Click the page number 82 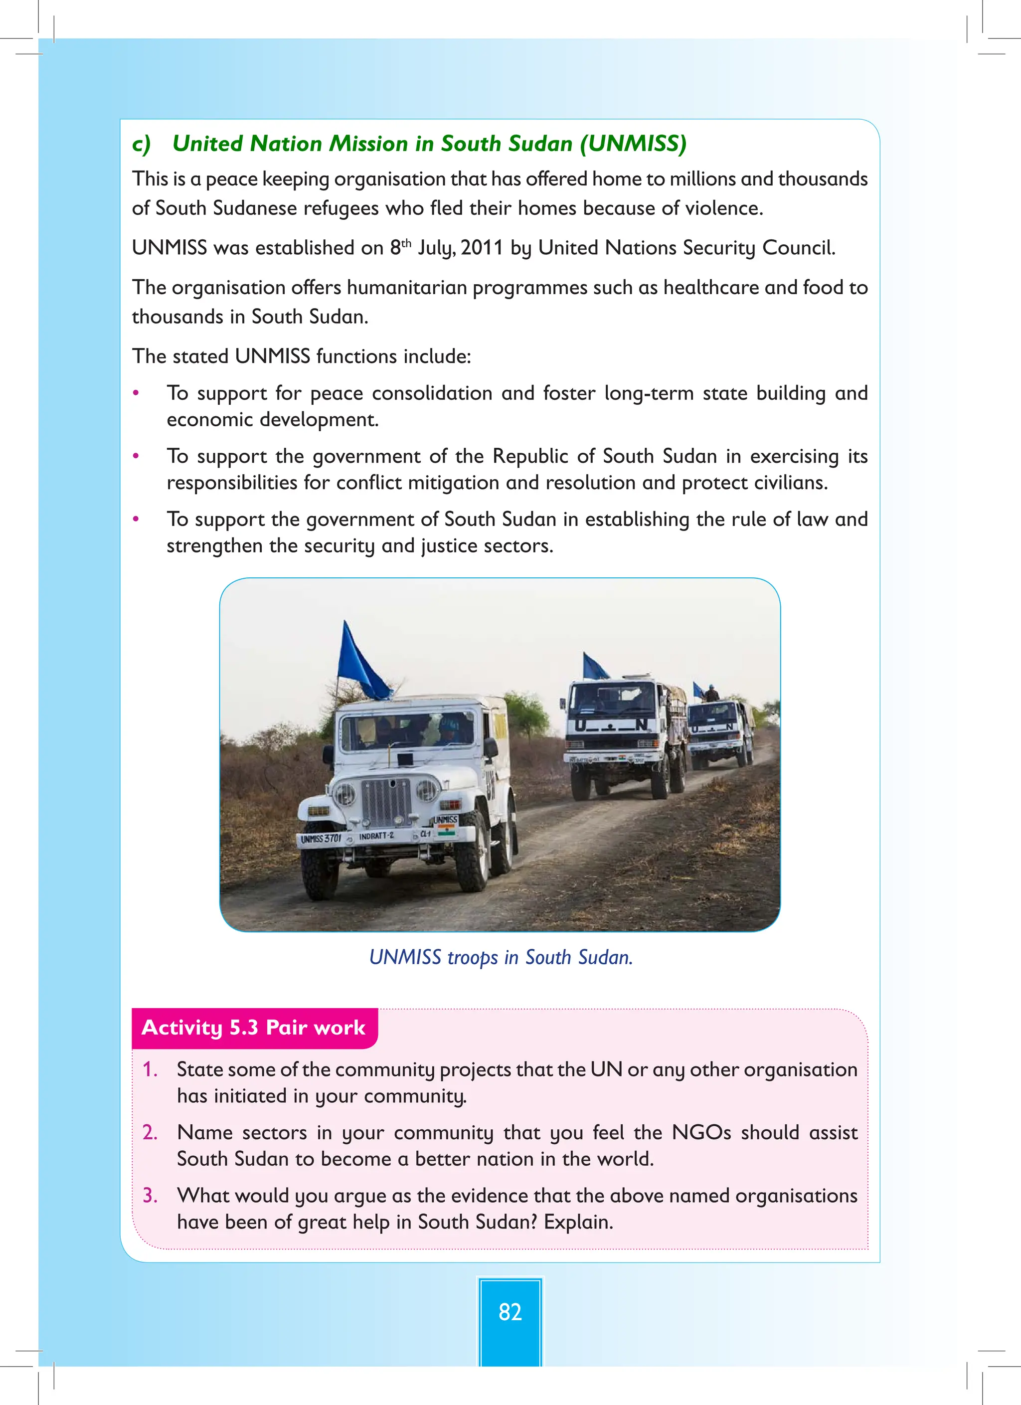510,1311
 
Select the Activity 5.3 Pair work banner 254,1027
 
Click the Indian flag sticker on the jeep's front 446,831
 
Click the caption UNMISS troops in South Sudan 501,957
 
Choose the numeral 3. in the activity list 150,1195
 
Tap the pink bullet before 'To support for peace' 136,393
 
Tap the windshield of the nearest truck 610,700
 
